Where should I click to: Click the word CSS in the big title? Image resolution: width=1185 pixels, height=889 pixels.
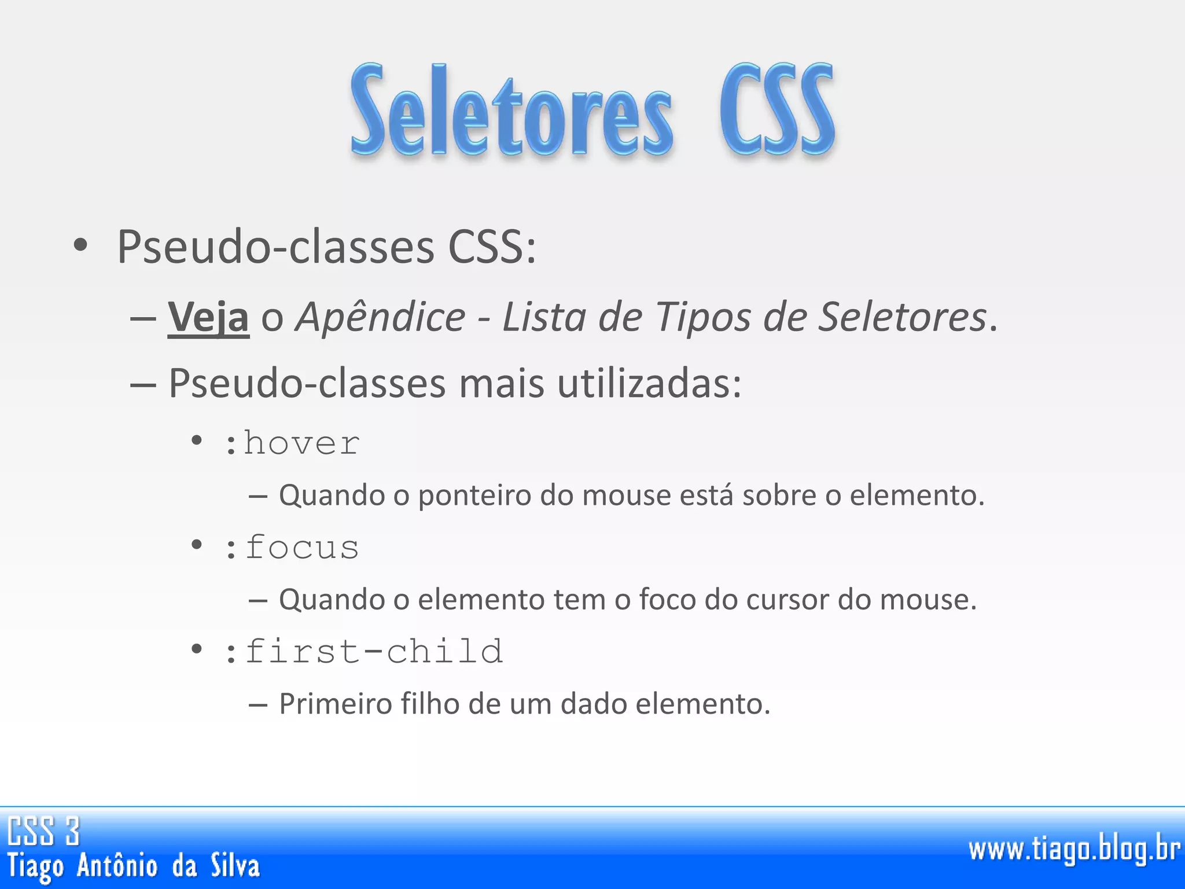pos(776,110)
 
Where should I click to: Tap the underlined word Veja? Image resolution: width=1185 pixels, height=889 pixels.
pos(208,317)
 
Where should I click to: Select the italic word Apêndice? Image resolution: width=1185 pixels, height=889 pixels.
pos(380,317)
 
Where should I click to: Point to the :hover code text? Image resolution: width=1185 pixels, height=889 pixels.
pos(292,444)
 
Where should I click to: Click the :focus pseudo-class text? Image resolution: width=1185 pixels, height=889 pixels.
pos(292,548)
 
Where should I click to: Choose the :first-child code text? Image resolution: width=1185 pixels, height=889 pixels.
pos(364,652)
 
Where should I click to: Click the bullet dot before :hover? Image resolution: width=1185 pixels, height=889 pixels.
pos(197,441)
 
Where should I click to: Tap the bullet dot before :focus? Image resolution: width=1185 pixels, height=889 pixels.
pos(197,545)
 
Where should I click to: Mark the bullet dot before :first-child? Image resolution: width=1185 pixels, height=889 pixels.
pos(197,649)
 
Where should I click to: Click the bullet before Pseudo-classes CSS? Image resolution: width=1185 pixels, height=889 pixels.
pos(80,245)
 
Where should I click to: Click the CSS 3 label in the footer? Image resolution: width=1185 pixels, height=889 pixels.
pos(43,831)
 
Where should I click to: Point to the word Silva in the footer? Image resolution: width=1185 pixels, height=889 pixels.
pos(235,866)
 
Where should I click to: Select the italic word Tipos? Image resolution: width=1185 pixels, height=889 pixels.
pos(703,317)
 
